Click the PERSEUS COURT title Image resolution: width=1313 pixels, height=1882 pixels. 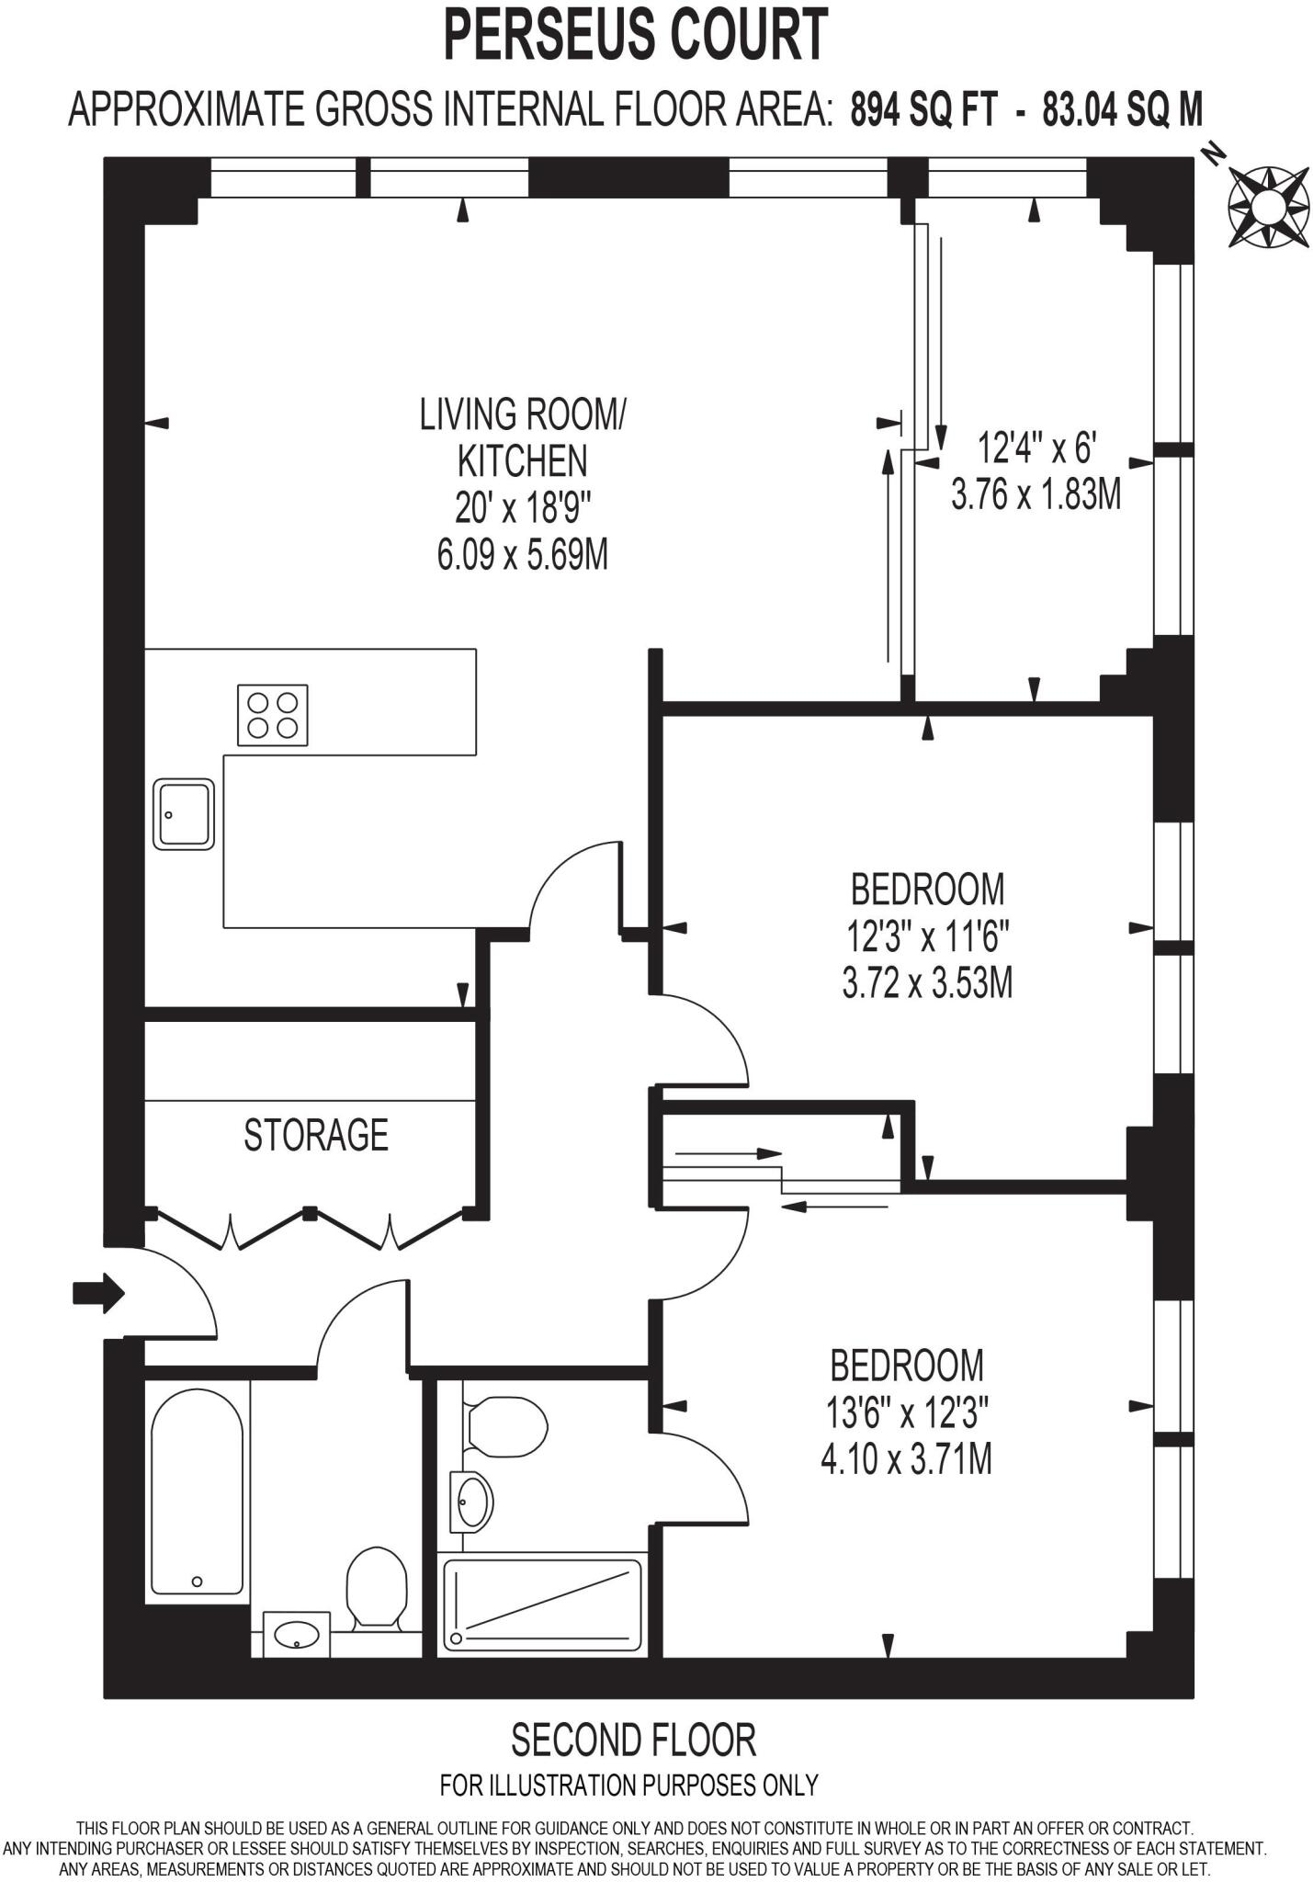(x=636, y=35)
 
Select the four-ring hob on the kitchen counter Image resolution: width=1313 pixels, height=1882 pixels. (x=273, y=715)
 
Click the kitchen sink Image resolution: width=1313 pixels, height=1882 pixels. (x=184, y=814)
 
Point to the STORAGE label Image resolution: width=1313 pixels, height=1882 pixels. (x=316, y=1135)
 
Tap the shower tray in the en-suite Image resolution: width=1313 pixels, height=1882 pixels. (x=542, y=1604)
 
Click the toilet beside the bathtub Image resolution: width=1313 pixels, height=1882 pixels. (x=376, y=1589)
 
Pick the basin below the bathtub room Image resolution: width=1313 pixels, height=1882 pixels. (x=297, y=1634)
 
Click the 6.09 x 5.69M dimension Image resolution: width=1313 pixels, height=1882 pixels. (x=522, y=555)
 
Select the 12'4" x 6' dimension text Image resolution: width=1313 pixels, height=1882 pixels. (x=1037, y=449)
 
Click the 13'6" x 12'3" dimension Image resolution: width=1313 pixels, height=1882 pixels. (x=906, y=1413)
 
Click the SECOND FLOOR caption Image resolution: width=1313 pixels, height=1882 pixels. (x=633, y=1740)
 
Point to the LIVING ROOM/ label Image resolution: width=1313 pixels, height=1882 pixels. (x=522, y=414)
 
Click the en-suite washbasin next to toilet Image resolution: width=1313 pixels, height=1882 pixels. (x=474, y=1502)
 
